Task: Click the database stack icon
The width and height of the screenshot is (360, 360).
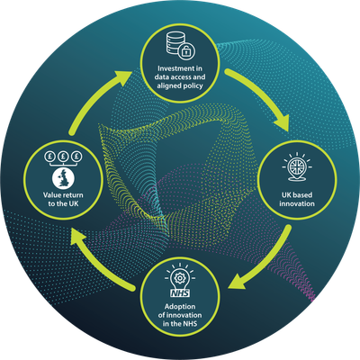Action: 175,42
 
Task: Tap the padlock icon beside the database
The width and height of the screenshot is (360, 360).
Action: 186,51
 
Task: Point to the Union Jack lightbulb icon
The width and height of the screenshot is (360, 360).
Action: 297,167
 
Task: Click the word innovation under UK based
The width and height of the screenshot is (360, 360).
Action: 297,203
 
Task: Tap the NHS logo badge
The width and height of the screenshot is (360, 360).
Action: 180,292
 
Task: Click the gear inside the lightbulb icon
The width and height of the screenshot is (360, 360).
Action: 180,278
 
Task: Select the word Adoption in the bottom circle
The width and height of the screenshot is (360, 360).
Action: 180,307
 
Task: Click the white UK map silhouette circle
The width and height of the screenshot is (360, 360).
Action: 63,178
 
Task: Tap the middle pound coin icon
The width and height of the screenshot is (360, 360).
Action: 63,156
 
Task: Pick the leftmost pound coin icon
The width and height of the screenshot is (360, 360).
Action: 49,156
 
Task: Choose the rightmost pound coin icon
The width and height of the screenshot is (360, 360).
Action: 76,156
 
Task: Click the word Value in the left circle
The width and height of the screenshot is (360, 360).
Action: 51,195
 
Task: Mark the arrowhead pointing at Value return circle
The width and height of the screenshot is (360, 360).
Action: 78,238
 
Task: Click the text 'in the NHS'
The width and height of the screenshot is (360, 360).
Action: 180,324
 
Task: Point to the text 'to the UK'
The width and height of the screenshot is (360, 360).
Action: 63,203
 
